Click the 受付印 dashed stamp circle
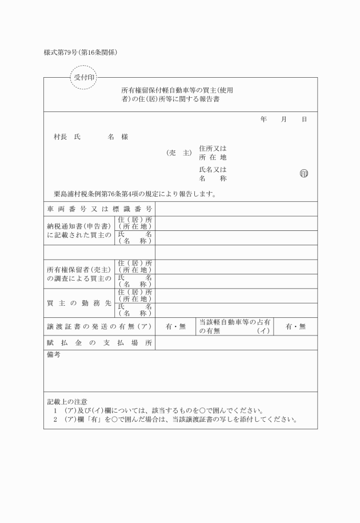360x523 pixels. [x=84, y=77]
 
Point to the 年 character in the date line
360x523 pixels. [x=263, y=119]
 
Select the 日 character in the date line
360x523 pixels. [x=304, y=119]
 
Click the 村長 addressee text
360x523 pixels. [x=61, y=137]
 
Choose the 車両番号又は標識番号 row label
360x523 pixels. [x=99, y=209]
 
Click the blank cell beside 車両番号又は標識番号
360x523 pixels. [x=236, y=209]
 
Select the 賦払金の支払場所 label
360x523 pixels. [x=99, y=342]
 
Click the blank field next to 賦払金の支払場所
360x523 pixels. [x=236, y=342]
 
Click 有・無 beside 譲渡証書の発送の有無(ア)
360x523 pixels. [x=176, y=326]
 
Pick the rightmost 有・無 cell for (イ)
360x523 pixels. [x=296, y=326]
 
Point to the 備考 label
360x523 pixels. [x=53, y=355]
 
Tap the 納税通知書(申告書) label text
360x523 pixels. [x=79, y=227]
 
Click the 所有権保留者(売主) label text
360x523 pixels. [x=79, y=270]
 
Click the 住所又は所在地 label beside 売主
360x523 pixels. [x=213, y=153]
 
